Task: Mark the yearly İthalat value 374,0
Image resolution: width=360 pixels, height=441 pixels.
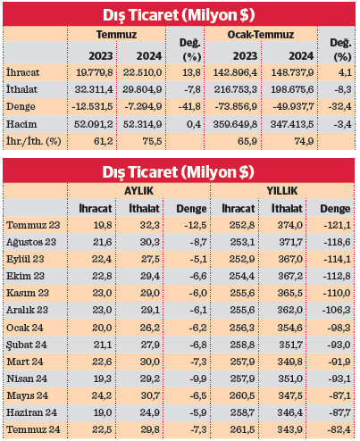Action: click(291, 225)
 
